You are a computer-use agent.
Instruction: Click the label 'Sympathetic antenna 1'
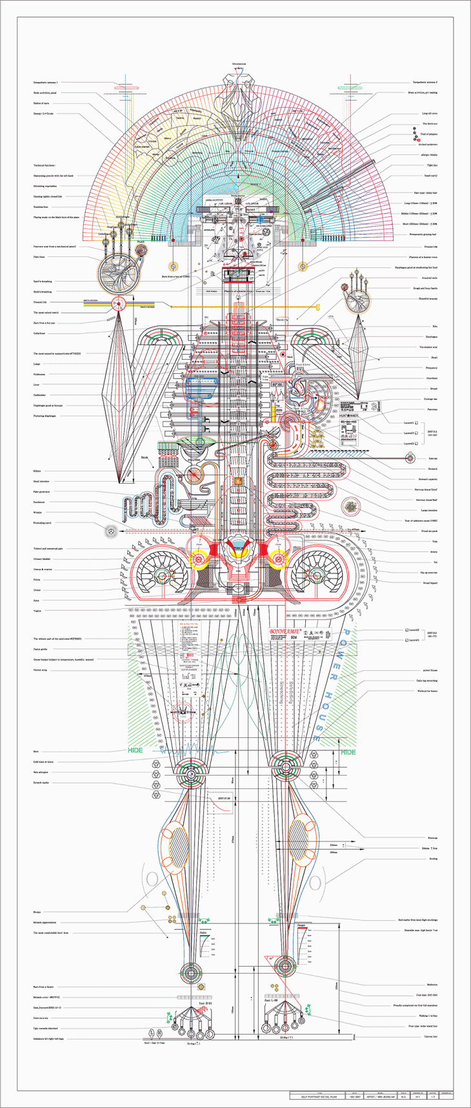[x=46, y=83]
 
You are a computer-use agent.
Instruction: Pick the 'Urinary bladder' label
[x=42, y=559]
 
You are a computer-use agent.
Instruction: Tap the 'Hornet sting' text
[x=40, y=670]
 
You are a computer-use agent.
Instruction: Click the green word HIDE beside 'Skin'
[x=135, y=750]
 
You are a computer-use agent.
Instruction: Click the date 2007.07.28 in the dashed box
[x=224, y=798]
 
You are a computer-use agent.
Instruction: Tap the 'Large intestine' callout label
[x=428, y=510]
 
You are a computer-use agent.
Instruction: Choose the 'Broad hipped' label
[x=430, y=582]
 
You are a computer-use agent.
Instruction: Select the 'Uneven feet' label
[x=432, y=1036]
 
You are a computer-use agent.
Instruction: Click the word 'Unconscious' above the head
[x=239, y=64]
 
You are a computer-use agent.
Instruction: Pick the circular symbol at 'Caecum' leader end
[x=392, y=458]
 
